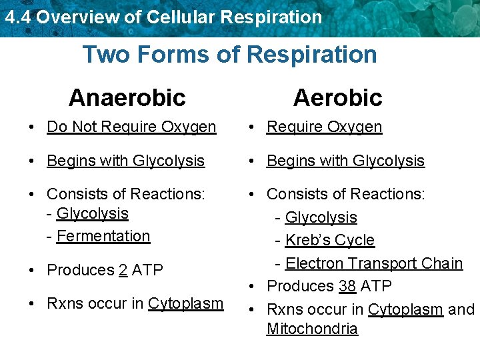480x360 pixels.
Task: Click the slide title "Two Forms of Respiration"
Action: (x=229, y=54)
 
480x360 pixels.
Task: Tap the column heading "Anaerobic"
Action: (x=127, y=97)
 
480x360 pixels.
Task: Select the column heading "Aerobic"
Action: (x=337, y=97)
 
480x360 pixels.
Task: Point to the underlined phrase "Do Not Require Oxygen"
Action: (x=131, y=127)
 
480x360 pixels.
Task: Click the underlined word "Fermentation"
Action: (x=103, y=236)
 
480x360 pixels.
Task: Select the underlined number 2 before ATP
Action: (x=123, y=270)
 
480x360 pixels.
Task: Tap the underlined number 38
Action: (x=347, y=286)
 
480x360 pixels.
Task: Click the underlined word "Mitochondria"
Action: (x=312, y=329)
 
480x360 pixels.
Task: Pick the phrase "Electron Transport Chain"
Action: (x=374, y=263)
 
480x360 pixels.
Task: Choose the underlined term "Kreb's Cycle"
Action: (x=330, y=240)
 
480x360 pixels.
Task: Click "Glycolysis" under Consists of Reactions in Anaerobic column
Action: (x=93, y=213)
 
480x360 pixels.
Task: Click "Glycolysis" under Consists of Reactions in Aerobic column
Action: (x=321, y=217)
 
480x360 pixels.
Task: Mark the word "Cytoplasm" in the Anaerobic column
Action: (x=186, y=303)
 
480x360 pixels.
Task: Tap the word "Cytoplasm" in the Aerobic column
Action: (x=405, y=309)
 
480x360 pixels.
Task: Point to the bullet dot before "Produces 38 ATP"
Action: (x=255, y=287)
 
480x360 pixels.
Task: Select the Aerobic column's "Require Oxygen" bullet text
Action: (x=324, y=127)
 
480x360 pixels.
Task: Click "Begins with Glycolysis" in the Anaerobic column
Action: (x=125, y=161)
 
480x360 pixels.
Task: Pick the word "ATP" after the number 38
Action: (x=376, y=286)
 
